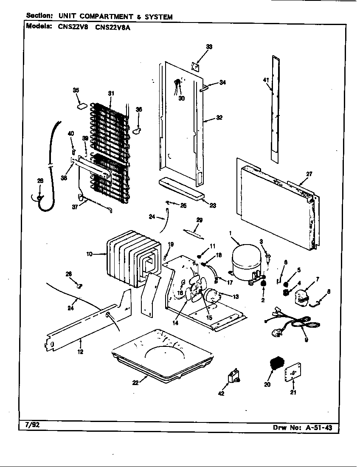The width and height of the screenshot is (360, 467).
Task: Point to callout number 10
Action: pos(89,254)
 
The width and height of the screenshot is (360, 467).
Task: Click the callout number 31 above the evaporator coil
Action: pos(111,93)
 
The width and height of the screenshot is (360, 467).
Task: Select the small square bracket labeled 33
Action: pos(196,67)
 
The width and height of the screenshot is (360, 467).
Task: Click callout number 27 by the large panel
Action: pos(309,174)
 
